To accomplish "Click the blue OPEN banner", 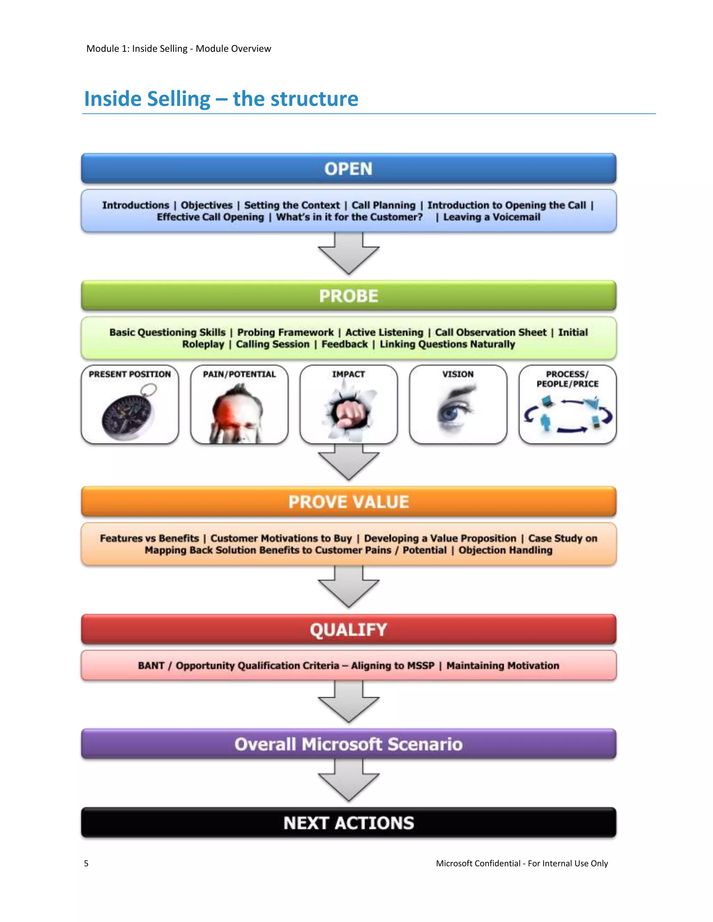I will click(x=348, y=168).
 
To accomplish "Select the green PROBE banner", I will click(x=348, y=295).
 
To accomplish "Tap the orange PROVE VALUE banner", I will click(x=348, y=501).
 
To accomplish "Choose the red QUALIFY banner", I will click(x=348, y=629).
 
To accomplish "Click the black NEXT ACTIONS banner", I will click(x=348, y=822).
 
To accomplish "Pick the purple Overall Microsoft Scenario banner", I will click(x=348, y=744).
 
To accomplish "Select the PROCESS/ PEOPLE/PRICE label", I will click(x=567, y=379).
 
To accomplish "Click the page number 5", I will click(x=86, y=863).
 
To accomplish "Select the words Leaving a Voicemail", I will click(x=491, y=217).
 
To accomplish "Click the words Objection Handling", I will click(x=505, y=550).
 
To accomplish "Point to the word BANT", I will click(x=151, y=666).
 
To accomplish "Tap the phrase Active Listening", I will click(x=384, y=332).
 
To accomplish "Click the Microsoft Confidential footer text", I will click(x=522, y=863).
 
